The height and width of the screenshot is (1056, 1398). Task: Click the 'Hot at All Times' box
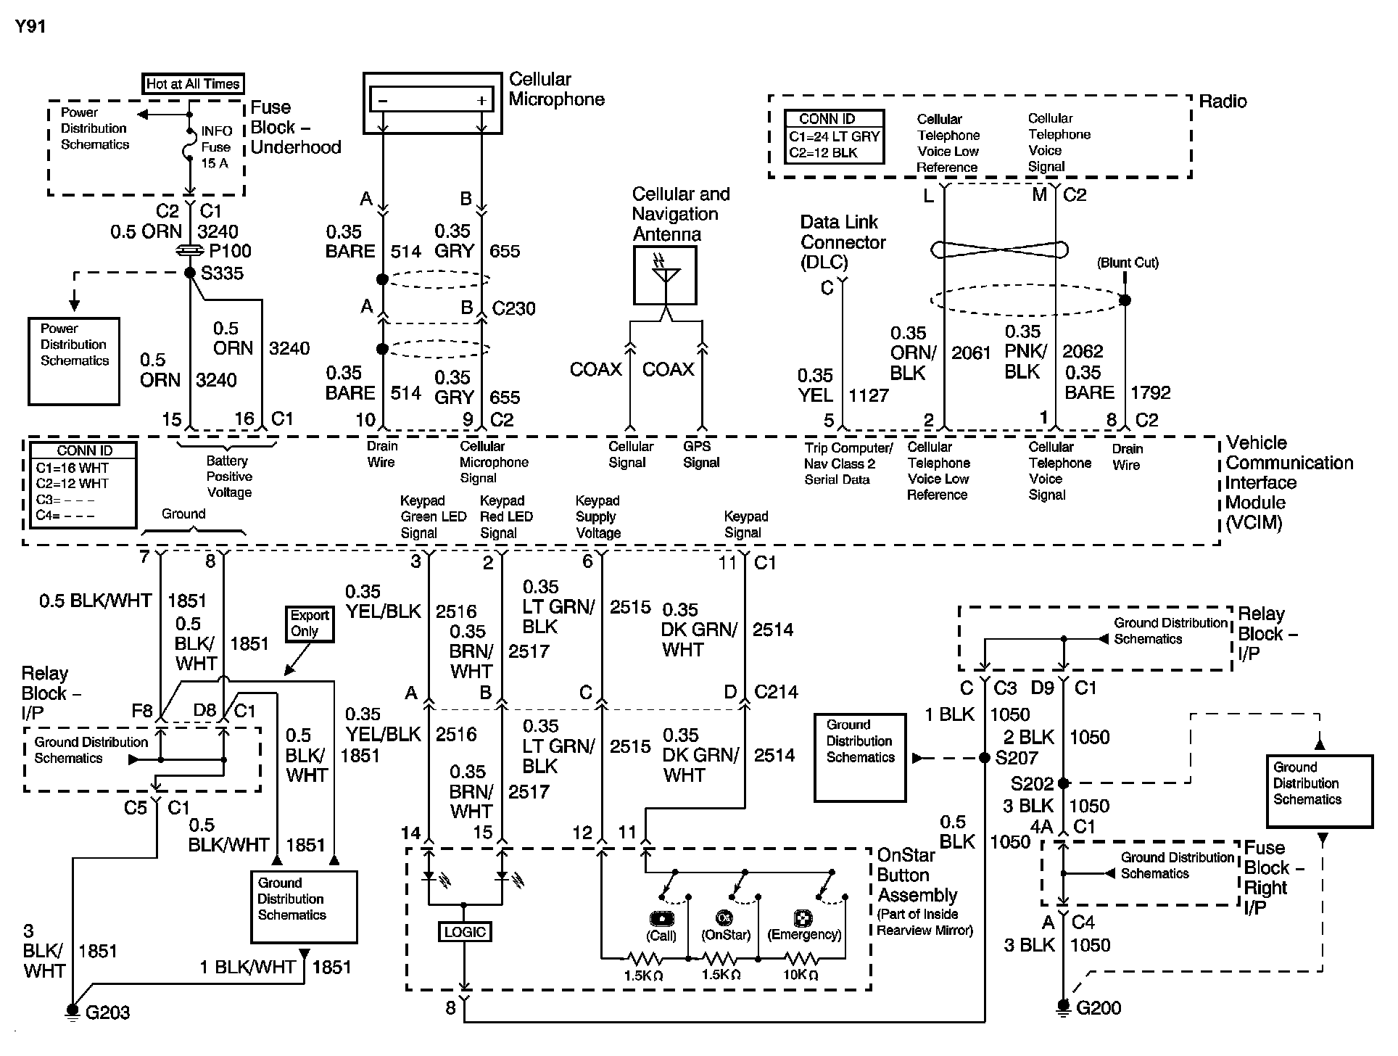pos(192,84)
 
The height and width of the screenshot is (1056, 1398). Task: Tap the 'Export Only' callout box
pos(310,623)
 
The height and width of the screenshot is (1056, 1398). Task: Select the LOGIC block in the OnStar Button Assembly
pos(465,932)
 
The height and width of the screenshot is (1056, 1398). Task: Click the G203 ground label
pos(107,1012)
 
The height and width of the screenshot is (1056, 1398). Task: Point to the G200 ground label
pos(1099,1008)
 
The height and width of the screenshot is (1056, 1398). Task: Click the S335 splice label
pos(222,273)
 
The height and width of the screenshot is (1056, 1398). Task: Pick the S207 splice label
pos(1016,758)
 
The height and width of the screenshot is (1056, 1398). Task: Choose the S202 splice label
pos(1032,784)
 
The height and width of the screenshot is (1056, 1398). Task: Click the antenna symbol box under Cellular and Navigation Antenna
pos(665,276)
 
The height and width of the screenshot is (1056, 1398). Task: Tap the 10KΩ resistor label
pos(800,975)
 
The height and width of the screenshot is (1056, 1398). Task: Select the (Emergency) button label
pos(804,935)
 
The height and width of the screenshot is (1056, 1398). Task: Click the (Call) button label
pos(661,936)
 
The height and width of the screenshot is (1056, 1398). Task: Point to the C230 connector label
pos(513,309)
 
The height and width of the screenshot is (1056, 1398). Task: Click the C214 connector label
pos(776,692)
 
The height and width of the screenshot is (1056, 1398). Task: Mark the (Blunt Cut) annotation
pos(1128,263)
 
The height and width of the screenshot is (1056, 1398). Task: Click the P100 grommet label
pos(230,252)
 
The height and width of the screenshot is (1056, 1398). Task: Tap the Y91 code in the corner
pos(30,28)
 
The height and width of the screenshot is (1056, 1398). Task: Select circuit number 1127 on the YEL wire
pos(869,396)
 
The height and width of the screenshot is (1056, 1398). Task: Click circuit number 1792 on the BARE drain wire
pos(1151,393)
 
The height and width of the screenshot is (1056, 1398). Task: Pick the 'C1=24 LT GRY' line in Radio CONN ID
pos(834,136)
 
